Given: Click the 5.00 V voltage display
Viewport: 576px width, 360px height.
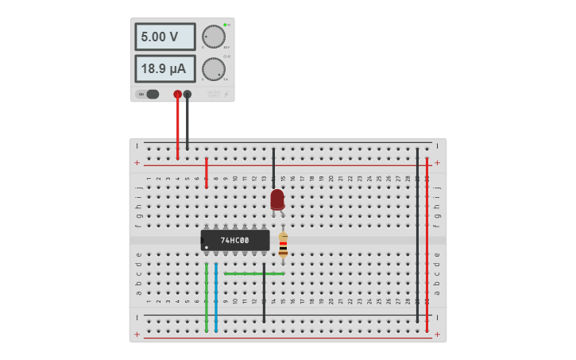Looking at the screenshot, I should tap(164, 37).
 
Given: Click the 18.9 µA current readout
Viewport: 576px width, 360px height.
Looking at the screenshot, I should tap(164, 69).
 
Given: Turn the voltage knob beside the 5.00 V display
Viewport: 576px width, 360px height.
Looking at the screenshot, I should tap(213, 37).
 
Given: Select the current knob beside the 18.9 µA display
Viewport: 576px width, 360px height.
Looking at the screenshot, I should tap(213, 69).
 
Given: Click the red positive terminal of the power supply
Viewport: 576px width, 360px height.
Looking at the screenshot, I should tap(177, 94).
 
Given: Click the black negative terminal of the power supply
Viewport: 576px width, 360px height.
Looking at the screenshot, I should tap(187, 94).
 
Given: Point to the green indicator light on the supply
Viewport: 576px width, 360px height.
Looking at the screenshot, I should tap(226, 25).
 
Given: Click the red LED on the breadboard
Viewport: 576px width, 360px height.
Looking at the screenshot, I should tap(276, 199).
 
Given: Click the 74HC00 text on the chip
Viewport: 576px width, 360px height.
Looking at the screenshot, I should tap(234, 240).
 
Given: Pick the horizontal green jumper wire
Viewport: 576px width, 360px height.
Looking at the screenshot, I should tap(254, 273).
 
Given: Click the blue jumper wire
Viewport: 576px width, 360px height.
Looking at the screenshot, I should tap(216, 298).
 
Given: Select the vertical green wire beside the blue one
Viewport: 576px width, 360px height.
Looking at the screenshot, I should tap(207, 298).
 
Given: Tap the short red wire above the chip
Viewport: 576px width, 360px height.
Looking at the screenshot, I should tap(207, 172).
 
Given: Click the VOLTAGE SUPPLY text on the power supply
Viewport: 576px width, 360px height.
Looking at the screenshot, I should tap(214, 94).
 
